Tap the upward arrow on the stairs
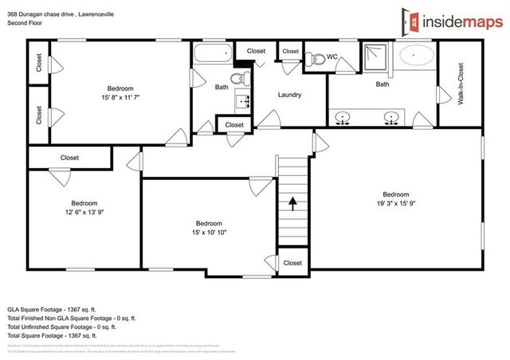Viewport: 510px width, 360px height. point(292,202)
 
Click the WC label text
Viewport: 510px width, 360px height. point(331,57)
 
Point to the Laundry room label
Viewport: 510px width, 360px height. point(289,95)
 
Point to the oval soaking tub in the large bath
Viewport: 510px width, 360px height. point(417,56)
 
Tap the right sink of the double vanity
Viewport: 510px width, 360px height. point(391,118)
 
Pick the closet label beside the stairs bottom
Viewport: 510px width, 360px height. point(292,263)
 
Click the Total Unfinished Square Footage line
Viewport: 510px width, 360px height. point(61,326)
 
